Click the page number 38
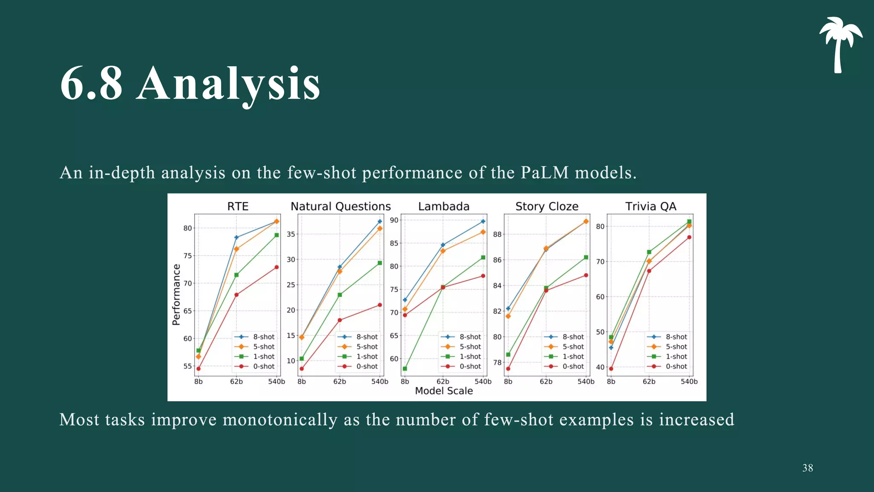pyautogui.click(x=807, y=468)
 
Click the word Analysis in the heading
pyautogui.click(x=228, y=84)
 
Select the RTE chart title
pyautogui.click(x=238, y=207)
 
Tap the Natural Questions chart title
pyautogui.click(x=341, y=207)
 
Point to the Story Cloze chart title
pyautogui.click(x=547, y=207)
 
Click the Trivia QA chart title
pyautogui.click(x=650, y=207)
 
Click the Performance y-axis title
pyautogui.click(x=176, y=295)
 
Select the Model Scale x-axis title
pyautogui.click(x=444, y=391)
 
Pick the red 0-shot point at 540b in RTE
pyautogui.click(x=277, y=267)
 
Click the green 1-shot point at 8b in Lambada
pyautogui.click(x=405, y=369)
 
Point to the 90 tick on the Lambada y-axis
pyautogui.click(x=394, y=220)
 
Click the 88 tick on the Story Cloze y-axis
pyautogui.click(x=497, y=234)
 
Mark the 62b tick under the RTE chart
pyautogui.click(x=236, y=381)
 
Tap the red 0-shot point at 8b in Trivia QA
pyautogui.click(x=611, y=369)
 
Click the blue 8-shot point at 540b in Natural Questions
pyautogui.click(x=380, y=222)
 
